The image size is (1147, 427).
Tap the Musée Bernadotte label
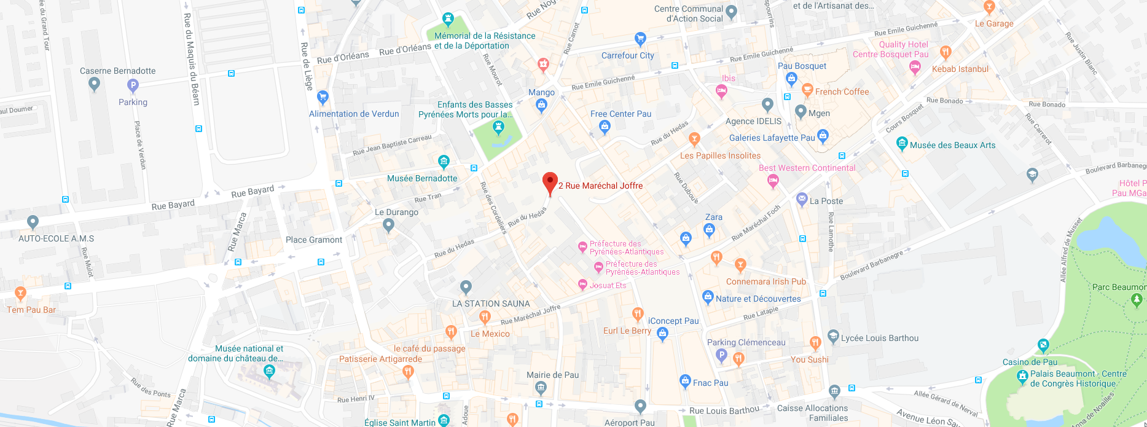click(x=422, y=178)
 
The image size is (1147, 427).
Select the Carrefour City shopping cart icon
click(x=640, y=39)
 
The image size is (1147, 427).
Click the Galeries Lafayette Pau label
click(x=772, y=138)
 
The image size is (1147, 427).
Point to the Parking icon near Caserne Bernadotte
click(x=133, y=86)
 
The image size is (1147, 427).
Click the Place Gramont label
click(x=313, y=240)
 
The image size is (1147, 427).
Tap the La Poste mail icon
click(x=801, y=199)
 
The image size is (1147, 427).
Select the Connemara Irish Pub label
click(x=765, y=281)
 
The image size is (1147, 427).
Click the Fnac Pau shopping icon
click(x=685, y=381)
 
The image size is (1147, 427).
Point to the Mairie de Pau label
click(x=552, y=375)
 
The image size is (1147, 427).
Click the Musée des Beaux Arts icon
click(x=901, y=144)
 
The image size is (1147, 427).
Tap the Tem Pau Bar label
click(x=31, y=310)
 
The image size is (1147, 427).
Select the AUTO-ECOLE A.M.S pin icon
click(x=33, y=222)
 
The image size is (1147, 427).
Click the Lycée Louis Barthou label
click(x=879, y=338)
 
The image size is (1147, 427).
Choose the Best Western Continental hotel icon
click(x=773, y=181)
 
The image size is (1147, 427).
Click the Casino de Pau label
click(x=1030, y=362)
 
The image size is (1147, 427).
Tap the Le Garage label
click(x=993, y=23)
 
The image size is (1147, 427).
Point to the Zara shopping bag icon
click(x=710, y=230)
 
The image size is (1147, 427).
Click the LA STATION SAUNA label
click(x=490, y=304)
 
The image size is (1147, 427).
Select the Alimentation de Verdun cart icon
click(x=323, y=97)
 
